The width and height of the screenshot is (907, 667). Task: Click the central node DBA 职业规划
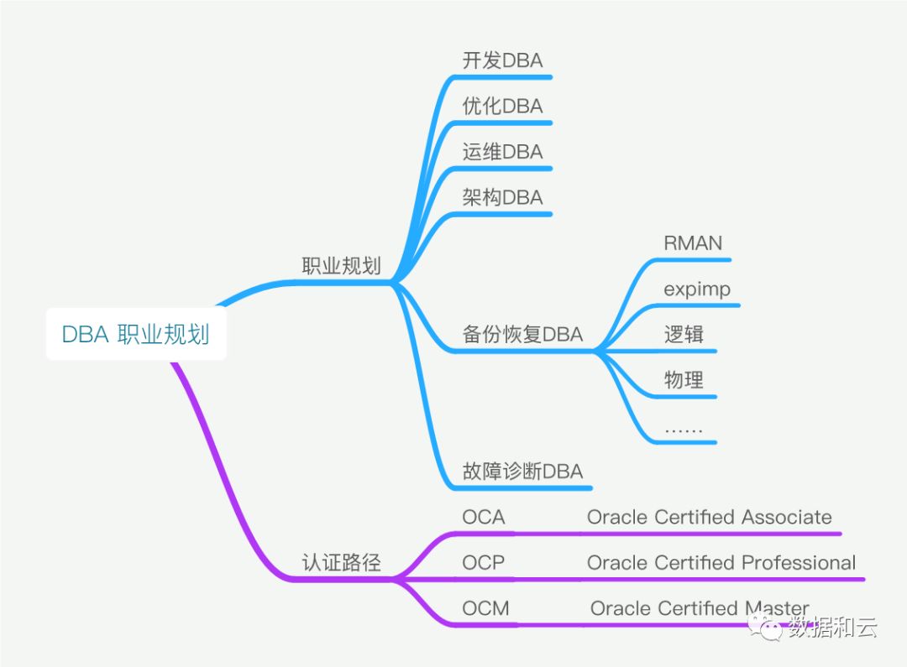click(x=136, y=335)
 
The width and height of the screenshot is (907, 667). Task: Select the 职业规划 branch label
click(x=341, y=267)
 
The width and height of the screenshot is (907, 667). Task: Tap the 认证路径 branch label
click(x=341, y=562)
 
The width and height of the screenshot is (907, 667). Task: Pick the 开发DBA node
click(x=502, y=60)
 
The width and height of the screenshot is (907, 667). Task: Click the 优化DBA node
click(x=502, y=106)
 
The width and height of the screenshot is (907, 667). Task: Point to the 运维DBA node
click(x=502, y=152)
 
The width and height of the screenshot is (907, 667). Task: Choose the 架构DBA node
click(x=502, y=197)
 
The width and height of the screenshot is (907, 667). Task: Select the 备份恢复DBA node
click(x=522, y=334)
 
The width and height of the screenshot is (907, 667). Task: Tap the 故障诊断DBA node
click(x=522, y=471)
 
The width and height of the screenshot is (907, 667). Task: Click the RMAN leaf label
click(x=692, y=243)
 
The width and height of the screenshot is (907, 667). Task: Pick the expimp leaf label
click(x=697, y=289)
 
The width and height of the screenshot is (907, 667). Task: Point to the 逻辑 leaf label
click(x=684, y=334)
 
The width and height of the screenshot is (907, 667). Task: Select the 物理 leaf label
click(x=684, y=380)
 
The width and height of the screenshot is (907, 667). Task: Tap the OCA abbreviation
click(x=484, y=517)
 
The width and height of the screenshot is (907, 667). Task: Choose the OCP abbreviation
click(x=484, y=562)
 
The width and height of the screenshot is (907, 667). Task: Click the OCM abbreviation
click(x=485, y=608)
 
